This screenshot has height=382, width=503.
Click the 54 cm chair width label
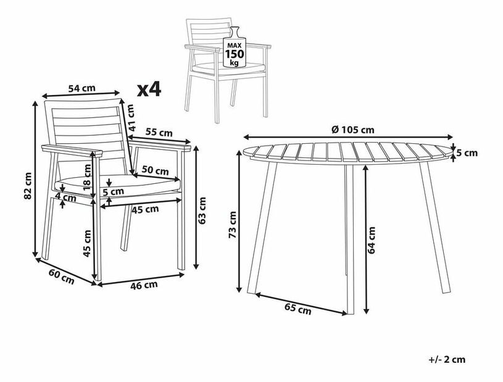(82, 88)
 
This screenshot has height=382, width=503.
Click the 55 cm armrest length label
(159, 132)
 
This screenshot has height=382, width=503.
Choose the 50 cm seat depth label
(156, 170)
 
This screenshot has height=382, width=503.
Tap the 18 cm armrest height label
(87, 176)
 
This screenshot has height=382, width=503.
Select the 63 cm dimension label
(202, 210)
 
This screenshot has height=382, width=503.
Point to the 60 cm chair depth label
(61, 276)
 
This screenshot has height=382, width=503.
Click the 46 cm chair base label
(144, 285)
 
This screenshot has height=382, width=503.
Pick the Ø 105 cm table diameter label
(353, 130)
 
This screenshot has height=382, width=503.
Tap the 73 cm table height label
(232, 225)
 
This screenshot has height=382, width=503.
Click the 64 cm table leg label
(371, 240)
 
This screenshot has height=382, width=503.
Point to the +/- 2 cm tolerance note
(447, 360)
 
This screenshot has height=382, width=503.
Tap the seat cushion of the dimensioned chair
(118, 185)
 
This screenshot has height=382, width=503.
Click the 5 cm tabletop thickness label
(467, 153)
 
